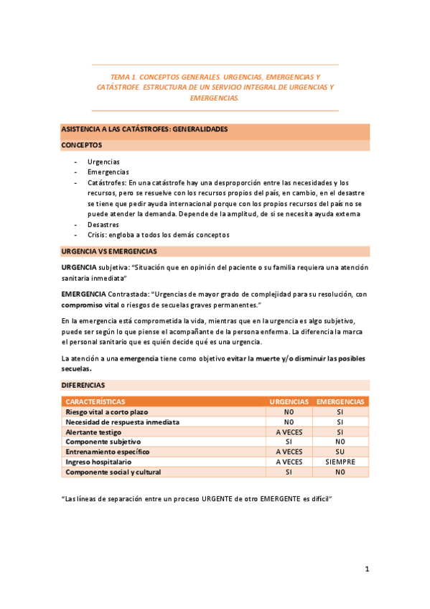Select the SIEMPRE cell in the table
340,462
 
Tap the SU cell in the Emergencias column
340,452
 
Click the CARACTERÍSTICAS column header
95,402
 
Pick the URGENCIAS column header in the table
289,402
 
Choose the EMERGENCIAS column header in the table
340,402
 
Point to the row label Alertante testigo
93,432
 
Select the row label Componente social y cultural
113,473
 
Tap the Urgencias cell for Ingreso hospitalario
289,462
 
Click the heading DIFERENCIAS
83,385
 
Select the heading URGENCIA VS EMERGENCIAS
109,251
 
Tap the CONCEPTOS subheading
81,144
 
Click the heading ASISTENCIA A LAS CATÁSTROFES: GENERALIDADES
144,129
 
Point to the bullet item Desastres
103,224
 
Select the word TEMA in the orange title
120,76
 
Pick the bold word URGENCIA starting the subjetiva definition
79,267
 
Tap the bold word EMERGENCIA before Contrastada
83,294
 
